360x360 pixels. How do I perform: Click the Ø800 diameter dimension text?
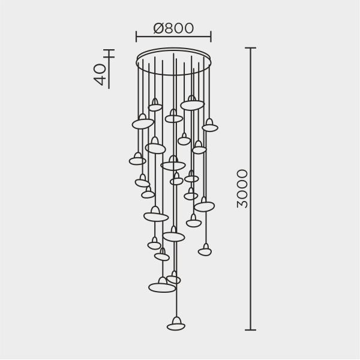pos(173,28)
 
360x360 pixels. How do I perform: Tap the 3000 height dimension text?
pos(242,188)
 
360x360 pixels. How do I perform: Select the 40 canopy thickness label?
pos(101,74)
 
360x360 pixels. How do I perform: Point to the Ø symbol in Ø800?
pos(159,28)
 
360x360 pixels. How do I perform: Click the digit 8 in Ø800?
pos(169,28)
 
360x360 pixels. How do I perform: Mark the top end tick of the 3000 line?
pos(251,48)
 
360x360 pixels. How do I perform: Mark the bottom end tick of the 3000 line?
pos(251,330)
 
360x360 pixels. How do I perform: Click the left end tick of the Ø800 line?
pos(137,37)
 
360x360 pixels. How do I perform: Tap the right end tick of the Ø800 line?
pos(211,37)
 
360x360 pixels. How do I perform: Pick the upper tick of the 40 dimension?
pos(109,50)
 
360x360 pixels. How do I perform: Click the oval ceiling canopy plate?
pos(174,62)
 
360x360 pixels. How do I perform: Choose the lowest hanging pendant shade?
pos(176,327)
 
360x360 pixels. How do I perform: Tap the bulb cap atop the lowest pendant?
pos(176,320)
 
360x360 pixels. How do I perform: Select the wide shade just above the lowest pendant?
pos(162,288)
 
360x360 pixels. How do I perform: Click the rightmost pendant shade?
pos(209,128)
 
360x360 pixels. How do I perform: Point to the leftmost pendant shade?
pos(137,161)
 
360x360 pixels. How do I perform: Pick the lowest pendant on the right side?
pos(205,252)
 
